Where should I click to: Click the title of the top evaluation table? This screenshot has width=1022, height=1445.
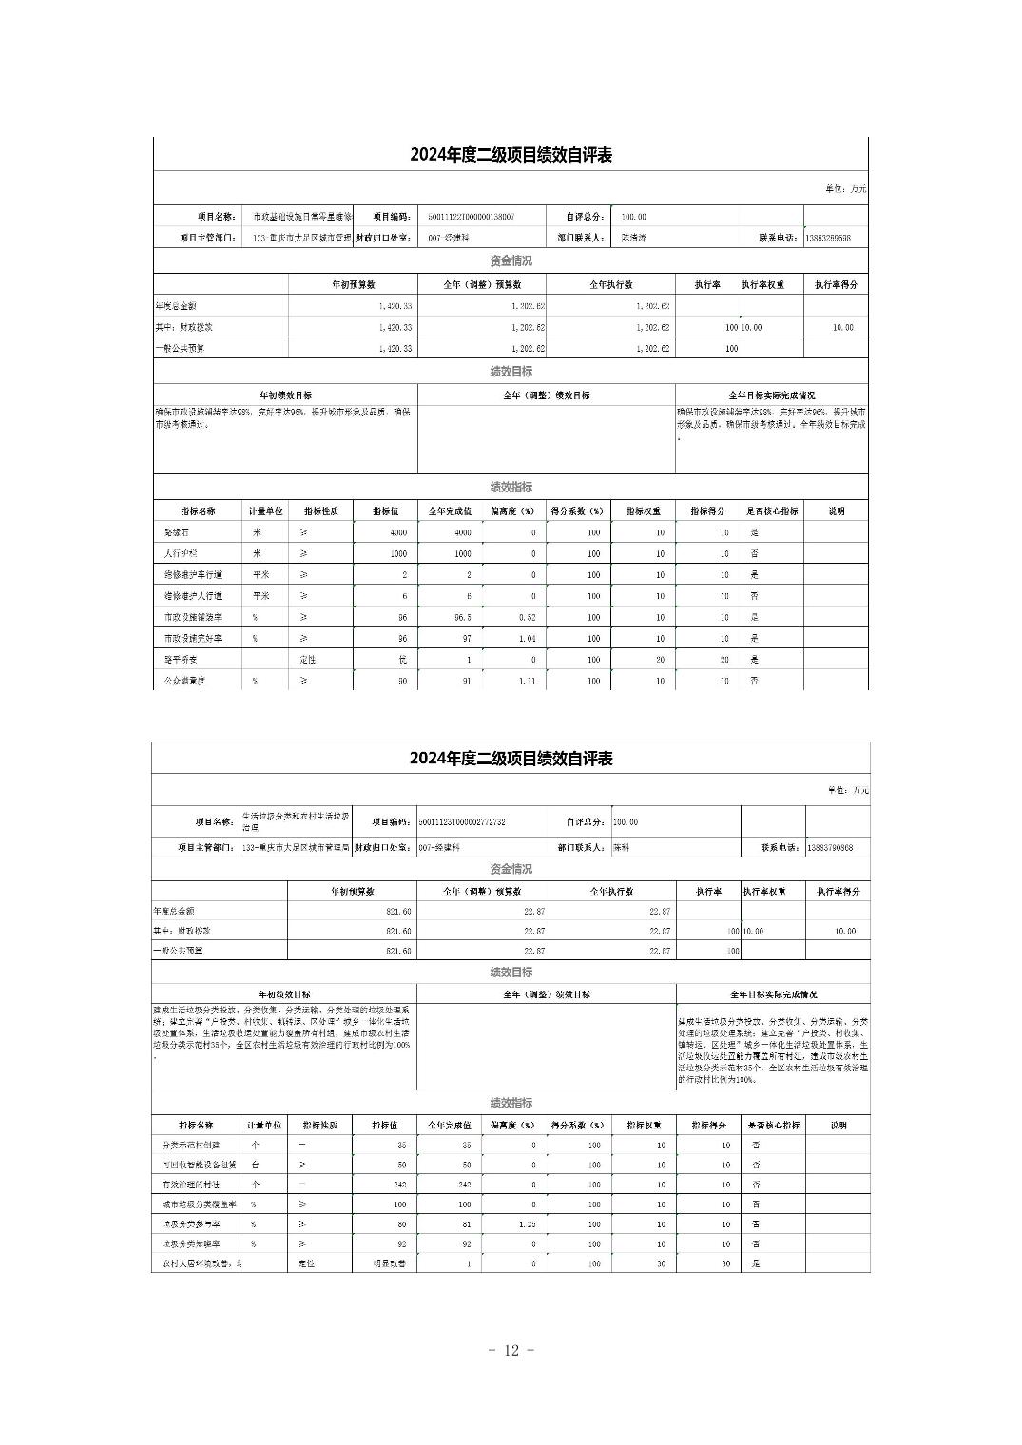pyautogui.click(x=511, y=156)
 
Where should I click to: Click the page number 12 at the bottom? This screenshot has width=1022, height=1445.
pyautogui.click(x=511, y=1350)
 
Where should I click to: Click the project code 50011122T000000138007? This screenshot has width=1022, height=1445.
pyautogui.click(x=472, y=217)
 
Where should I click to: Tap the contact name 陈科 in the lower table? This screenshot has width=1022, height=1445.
pyautogui.click(x=622, y=847)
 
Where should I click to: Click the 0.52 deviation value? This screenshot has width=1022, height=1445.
pyautogui.click(x=527, y=618)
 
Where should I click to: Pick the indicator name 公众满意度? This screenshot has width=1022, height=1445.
pyautogui.click(x=184, y=682)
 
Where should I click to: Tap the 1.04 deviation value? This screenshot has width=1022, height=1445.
pyautogui.click(x=527, y=639)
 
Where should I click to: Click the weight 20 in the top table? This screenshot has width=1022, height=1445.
pyautogui.click(x=659, y=660)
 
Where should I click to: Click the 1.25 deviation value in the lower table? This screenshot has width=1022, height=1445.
pyautogui.click(x=527, y=1224)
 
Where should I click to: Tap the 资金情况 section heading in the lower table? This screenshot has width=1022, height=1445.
pyautogui.click(x=511, y=869)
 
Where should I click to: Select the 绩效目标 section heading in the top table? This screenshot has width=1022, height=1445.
pyautogui.click(x=511, y=372)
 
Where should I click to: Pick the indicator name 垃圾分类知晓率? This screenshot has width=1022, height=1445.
pyautogui.click(x=190, y=1244)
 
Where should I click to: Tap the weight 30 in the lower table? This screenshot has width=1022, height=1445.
pyautogui.click(x=660, y=1264)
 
